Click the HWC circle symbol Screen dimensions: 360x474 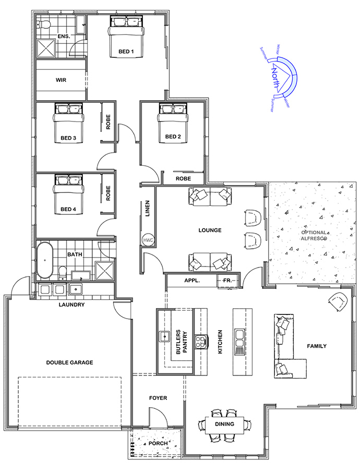[148, 240]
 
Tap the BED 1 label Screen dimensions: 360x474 [126, 52]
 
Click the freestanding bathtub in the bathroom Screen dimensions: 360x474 [45, 260]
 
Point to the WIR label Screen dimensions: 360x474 [61, 80]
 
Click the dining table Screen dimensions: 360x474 [224, 424]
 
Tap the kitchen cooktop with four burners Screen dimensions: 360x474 [201, 342]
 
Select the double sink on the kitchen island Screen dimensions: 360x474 [239, 338]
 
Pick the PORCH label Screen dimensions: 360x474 [158, 443]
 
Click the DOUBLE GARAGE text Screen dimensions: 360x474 [69, 362]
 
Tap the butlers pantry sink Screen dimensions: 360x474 [164, 336]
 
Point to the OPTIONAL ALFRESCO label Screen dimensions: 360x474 [314, 236]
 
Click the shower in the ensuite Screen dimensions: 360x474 [46, 48]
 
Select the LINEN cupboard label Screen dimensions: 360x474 [148, 209]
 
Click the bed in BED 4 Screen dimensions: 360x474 [68, 195]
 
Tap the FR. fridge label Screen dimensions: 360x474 [227, 281]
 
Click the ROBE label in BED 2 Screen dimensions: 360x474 [183, 179]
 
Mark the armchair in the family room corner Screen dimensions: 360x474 [338, 301]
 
